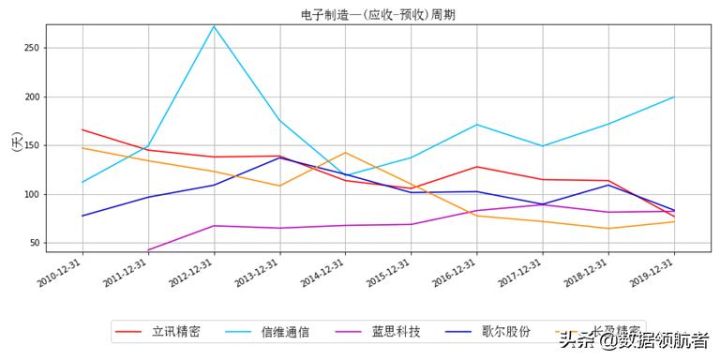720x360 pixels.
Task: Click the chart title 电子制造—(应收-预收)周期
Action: [x=379, y=14]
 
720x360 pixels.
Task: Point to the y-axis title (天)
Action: [x=16, y=142]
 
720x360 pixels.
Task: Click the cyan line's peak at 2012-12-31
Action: [x=214, y=25]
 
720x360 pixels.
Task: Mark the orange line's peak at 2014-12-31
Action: [x=345, y=153]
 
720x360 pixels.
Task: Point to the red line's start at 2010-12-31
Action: [x=82, y=129]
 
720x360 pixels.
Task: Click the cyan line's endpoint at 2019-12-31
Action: [x=674, y=97]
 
